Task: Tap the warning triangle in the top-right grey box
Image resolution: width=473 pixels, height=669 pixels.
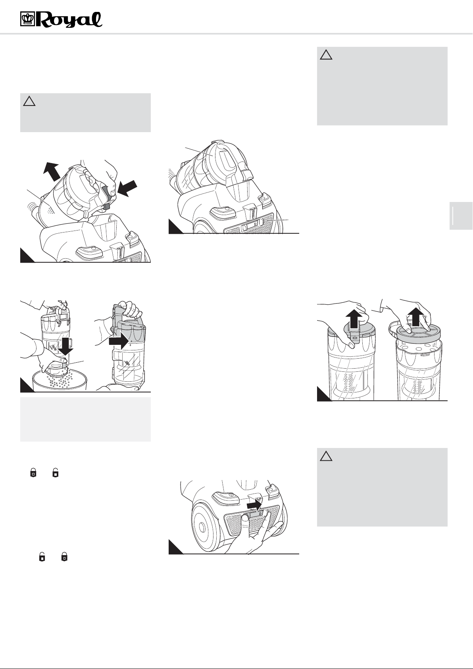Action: (x=326, y=55)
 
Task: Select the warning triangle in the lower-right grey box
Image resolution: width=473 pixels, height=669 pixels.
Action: (x=326, y=456)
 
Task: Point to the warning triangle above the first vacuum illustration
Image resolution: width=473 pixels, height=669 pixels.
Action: (x=29, y=101)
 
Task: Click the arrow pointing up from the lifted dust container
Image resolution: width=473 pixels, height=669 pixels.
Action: (x=52, y=171)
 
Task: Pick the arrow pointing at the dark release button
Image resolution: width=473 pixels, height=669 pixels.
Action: (x=127, y=188)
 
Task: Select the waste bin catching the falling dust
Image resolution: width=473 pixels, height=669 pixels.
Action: (x=60, y=381)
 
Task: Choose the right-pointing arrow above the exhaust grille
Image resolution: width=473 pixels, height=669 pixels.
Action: (x=255, y=506)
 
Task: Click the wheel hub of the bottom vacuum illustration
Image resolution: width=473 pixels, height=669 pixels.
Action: (x=202, y=526)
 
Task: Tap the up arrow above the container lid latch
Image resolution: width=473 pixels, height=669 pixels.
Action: (x=356, y=319)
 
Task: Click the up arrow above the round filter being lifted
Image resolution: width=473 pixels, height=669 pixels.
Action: (x=416, y=317)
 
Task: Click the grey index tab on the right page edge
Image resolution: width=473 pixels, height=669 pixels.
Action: (x=461, y=215)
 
